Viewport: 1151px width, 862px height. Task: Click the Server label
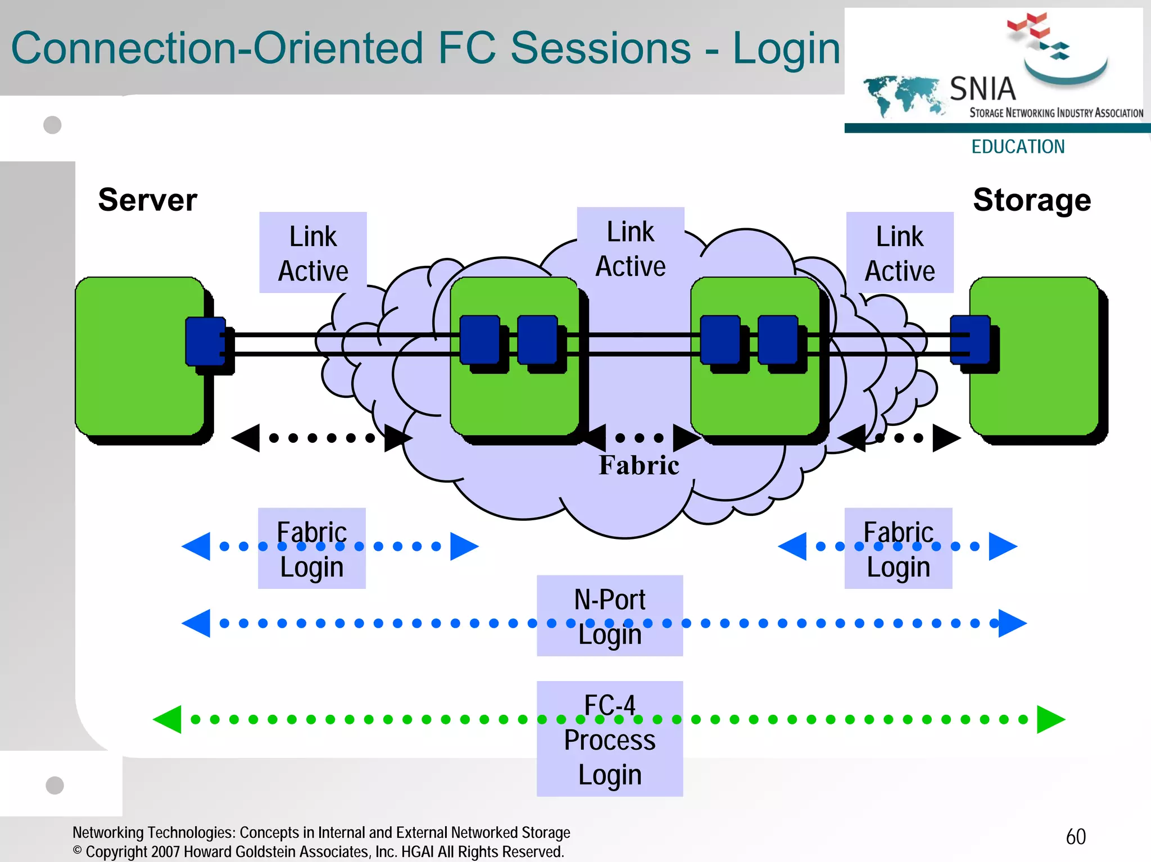coord(147,200)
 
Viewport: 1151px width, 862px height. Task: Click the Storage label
coord(1032,200)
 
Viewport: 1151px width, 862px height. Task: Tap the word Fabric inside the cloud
coord(638,465)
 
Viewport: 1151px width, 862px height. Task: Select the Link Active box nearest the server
coord(313,253)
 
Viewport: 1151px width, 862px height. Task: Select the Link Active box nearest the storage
coord(900,253)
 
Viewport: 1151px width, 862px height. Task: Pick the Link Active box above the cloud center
coord(631,248)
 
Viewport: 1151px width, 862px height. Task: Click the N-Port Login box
coord(610,615)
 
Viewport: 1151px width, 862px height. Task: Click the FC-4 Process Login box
coord(610,739)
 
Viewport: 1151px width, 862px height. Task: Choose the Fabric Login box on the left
coord(312,548)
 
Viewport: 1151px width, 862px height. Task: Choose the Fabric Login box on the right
coord(898,548)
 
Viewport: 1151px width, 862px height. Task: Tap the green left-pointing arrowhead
coord(168,719)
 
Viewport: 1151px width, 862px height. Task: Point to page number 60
coord(1076,837)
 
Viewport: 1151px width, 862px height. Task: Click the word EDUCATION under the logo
coord(1018,147)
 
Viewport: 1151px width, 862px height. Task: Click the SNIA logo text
coord(982,89)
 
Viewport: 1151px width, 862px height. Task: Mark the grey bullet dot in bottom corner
coord(55,785)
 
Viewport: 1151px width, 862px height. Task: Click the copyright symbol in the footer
coord(78,850)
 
